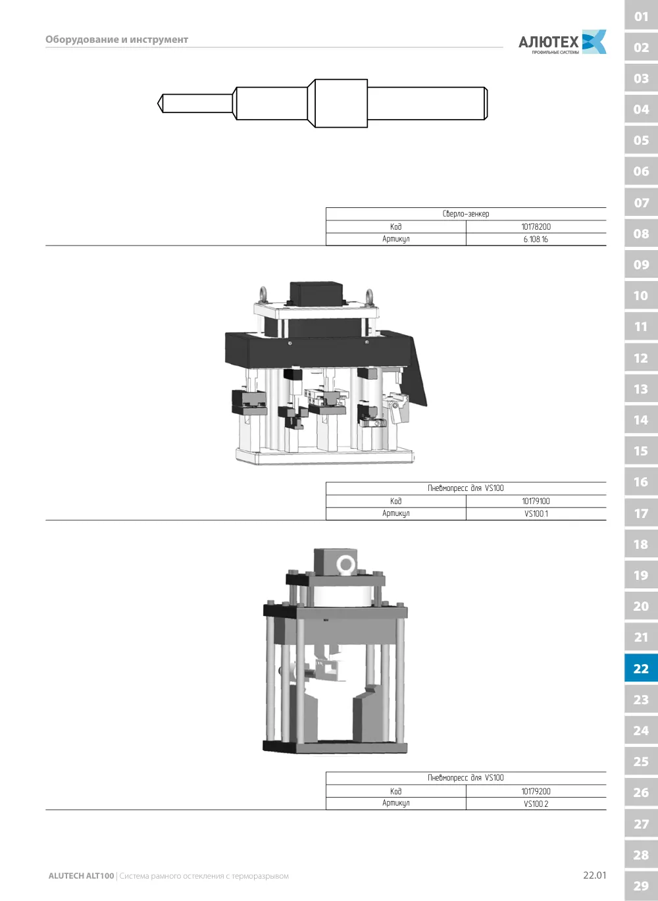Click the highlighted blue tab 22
click(x=641, y=668)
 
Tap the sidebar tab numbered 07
click(x=641, y=203)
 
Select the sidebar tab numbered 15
click(x=641, y=451)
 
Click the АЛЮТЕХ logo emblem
click(x=594, y=41)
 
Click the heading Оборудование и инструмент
click(x=116, y=39)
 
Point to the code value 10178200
click(x=536, y=227)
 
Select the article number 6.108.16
click(x=536, y=240)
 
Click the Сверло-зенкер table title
click(x=466, y=214)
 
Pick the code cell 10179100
click(x=536, y=502)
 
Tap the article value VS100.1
click(x=536, y=513)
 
